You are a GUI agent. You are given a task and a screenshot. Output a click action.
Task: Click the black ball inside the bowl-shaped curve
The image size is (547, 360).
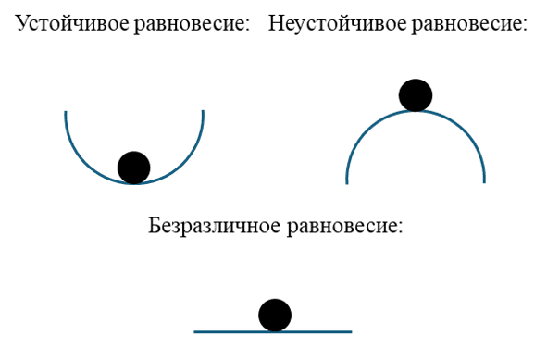[134, 168]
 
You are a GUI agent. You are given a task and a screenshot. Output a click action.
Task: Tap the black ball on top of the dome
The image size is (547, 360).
[416, 94]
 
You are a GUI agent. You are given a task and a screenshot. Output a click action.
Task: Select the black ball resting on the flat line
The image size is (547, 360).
[275, 316]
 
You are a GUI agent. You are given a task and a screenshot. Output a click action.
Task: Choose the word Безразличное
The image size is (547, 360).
[214, 225]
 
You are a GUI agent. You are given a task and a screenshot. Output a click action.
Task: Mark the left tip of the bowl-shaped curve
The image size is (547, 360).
[66, 112]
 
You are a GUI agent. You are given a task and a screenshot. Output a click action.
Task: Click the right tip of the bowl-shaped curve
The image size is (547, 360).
[203, 112]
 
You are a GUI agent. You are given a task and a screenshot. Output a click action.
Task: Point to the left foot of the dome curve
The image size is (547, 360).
[348, 182]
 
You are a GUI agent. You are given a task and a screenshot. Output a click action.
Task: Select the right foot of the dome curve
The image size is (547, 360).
[484, 182]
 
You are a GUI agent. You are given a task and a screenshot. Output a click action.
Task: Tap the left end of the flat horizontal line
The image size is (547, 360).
[194, 330]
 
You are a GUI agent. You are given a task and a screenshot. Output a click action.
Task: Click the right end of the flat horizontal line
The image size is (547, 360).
[352, 330]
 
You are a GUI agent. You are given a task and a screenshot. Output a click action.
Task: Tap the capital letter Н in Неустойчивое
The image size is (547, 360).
[276, 23]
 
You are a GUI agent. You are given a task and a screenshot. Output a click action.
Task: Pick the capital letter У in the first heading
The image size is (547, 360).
[22, 23]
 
